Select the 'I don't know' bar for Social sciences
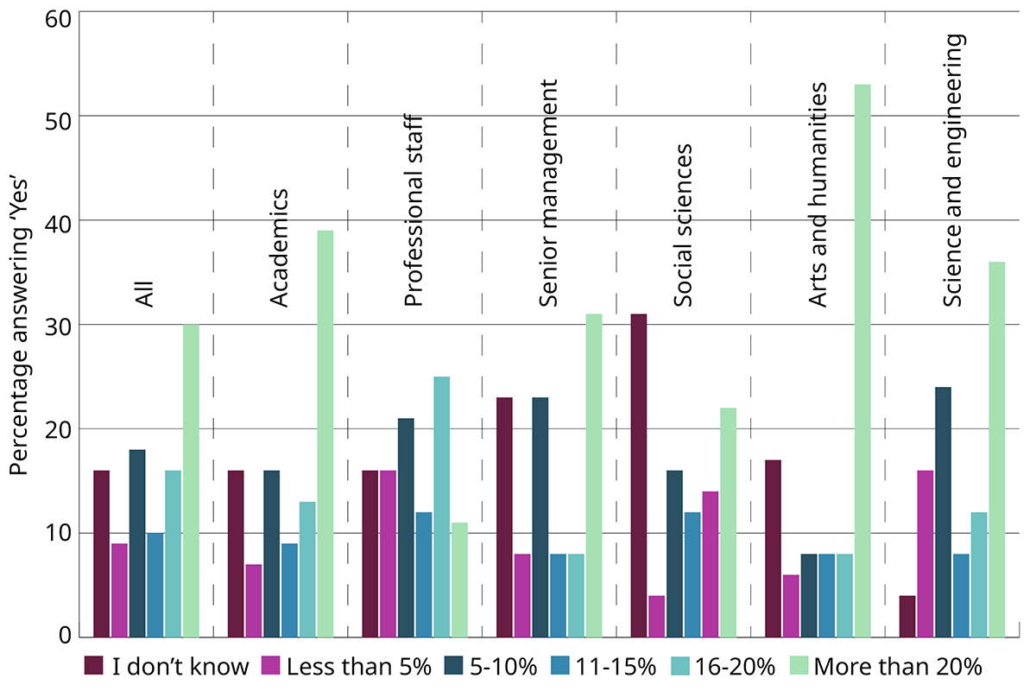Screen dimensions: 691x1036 [639, 476]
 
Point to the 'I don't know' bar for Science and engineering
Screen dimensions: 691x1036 [906, 617]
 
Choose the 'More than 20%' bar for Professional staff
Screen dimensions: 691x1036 [459, 580]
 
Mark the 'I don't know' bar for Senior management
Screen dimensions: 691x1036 [504, 517]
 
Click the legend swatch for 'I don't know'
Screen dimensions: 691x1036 [94, 666]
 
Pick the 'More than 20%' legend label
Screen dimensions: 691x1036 [898, 666]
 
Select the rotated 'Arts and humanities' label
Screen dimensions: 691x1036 [818, 193]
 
